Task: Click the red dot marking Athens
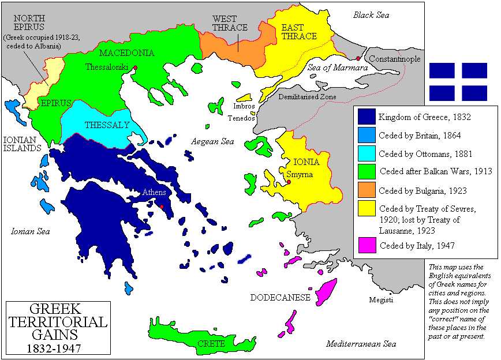pos(162,207)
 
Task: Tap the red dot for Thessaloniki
pos(135,68)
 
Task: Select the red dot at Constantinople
pos(358,59)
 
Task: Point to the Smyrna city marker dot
pos(288,182)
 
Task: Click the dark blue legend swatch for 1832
pos(367,117)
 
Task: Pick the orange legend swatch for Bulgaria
pos(367,190)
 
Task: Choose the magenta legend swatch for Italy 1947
pos(367,245)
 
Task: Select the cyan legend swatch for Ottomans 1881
pos(367,154)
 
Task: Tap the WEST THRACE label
pos(230,23)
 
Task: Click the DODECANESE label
pos(280,298)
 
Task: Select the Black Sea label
pos(372,15)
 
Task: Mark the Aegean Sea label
pos(212,141)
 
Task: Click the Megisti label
pos(382,300)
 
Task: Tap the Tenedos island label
pos(241,118)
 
